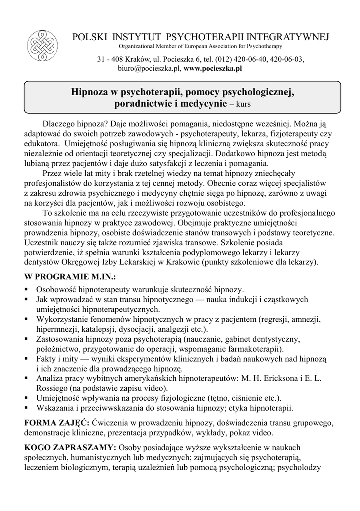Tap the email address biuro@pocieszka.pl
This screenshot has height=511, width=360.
pyautogui.click(x=149, y=68)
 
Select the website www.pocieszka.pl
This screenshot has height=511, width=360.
pyautogui.click(x=213, y=68)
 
